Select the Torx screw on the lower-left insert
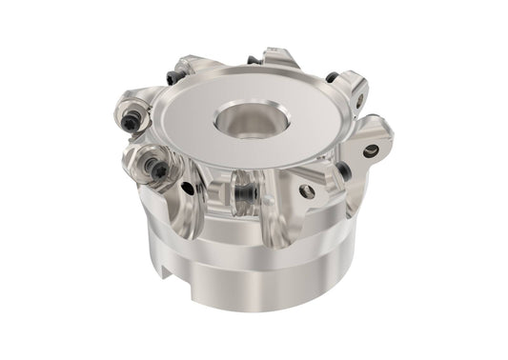point(158,170)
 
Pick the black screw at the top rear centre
point(254,59)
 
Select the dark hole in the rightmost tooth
point(371,150)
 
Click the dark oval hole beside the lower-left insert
point(189,188)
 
